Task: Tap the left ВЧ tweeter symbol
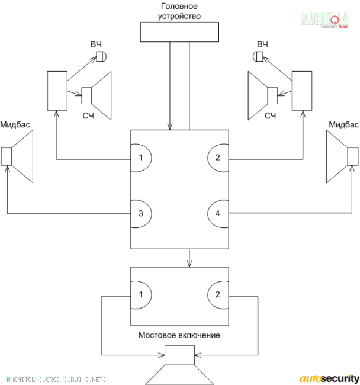pos(101,56)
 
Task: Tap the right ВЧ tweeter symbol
pos(258,56)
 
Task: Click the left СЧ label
pos(88,115)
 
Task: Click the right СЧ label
pos(270,115)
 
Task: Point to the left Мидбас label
pos(15,124)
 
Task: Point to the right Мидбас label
pos(343,124)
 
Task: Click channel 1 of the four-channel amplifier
pos(141,158)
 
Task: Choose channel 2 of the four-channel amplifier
pos(218,158)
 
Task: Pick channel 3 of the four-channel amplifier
pos(141,214)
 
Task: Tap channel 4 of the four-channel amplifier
pos(218,214)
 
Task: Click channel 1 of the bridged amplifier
pos(141,294)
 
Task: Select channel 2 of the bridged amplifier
pos(218,294)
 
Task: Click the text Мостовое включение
pos(179,335)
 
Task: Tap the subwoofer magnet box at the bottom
pos(179,355)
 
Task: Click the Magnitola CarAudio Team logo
pos(324,20)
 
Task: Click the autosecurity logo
pos(329,378)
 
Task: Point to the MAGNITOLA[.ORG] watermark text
pos(56,380)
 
